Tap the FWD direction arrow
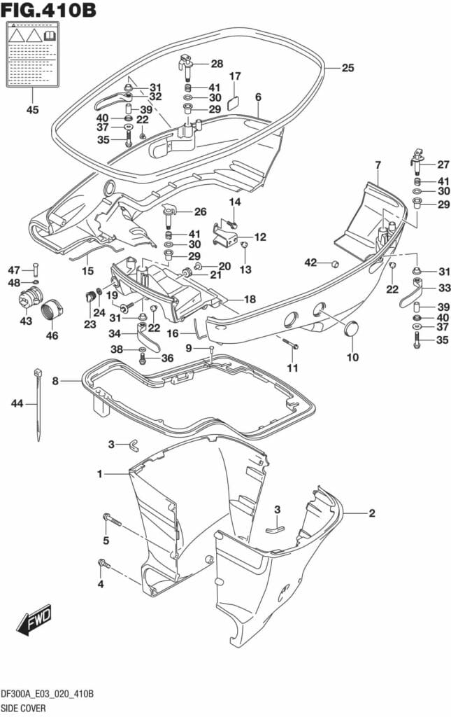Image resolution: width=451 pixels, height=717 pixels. pyautogui.click(x=34, y=619)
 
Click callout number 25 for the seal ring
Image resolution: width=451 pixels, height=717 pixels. pyautogui.click(x=348, y=69)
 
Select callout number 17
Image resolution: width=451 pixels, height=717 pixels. pyautogui.click(x=235, y=76)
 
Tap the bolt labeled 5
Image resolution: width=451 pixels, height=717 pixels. pyautogui.click(x=112, y=520)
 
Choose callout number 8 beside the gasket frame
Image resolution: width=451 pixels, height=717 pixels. pyautogui.click(x=55, y=381)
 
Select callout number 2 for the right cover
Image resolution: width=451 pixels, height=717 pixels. pyautogui.click(x=372, y=513)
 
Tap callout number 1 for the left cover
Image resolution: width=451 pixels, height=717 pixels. pyautogui.click(x=100, y=474)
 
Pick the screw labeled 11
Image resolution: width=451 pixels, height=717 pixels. pyautogui.click(x=291, y=344)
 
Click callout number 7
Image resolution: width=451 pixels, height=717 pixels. pyautogui.click(x=378, y=165)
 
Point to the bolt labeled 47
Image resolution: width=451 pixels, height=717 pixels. pyautogui.click(x=36, y=270)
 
